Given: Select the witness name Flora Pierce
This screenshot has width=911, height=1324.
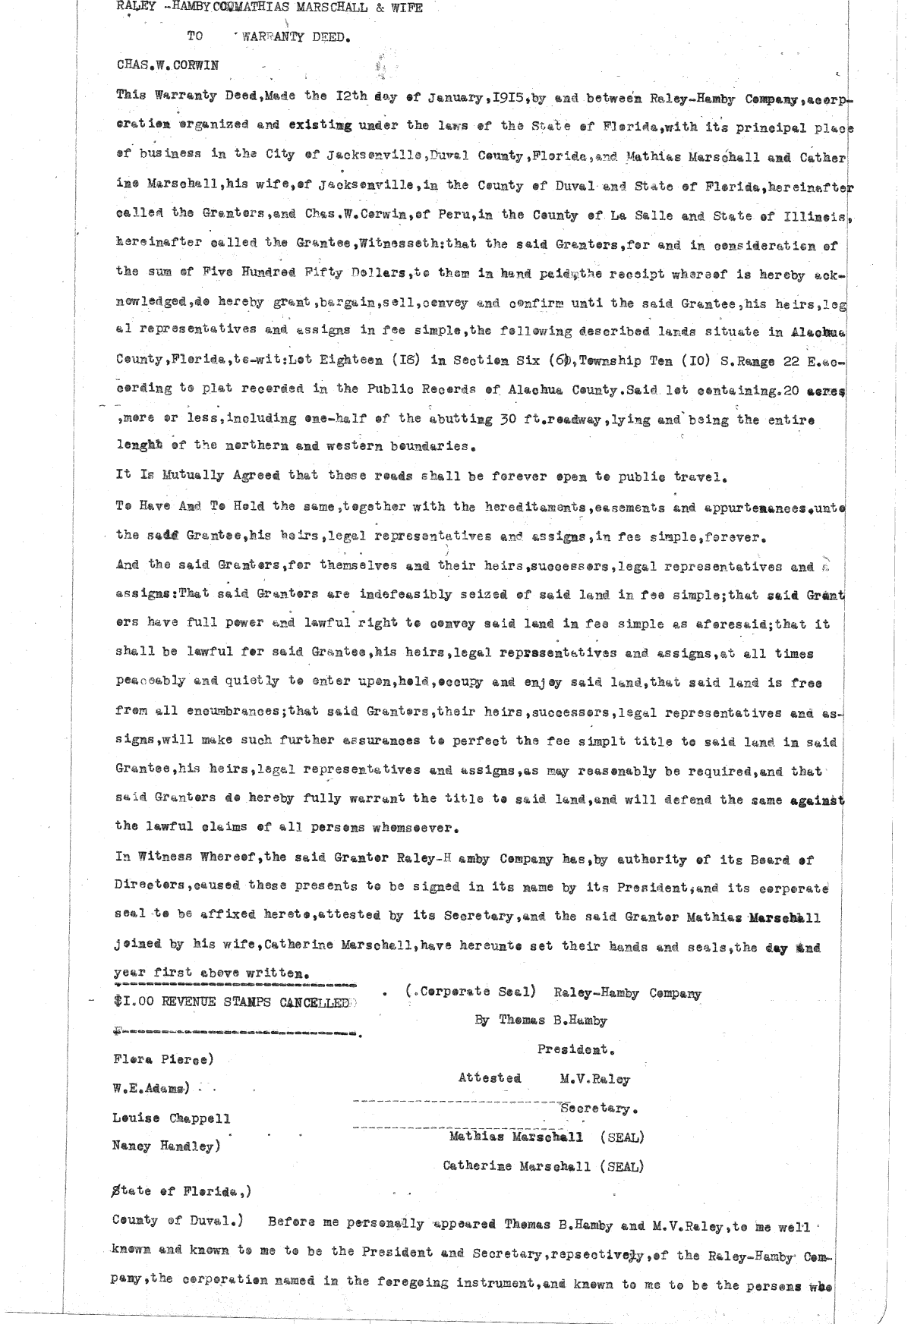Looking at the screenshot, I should [162, 1058].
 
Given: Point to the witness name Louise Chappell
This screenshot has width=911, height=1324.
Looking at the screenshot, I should [171, 1118].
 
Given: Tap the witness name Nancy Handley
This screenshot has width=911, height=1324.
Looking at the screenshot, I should [165, 1146].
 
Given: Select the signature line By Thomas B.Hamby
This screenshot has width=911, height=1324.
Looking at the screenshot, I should [541, 1021].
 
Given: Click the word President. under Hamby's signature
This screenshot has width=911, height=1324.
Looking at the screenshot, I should [576, 1050].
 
